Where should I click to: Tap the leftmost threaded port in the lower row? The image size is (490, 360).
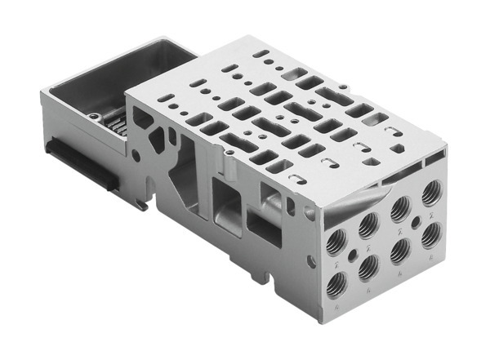tap(336, 284)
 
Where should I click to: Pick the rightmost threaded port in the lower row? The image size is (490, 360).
tap(432, 236)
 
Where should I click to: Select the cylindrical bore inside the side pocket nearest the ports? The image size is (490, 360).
tap(269, 197)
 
